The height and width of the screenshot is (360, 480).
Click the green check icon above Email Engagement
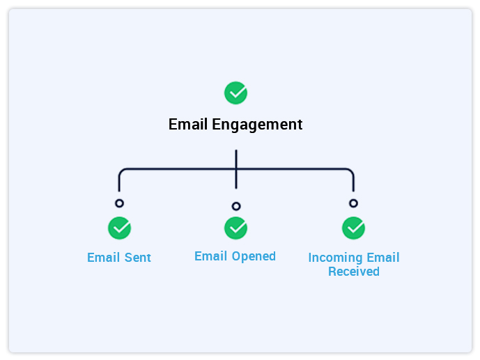pyautogui.click(x=235, y=93)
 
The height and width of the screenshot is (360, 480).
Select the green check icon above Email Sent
pyautogui.click(x=119, y=228)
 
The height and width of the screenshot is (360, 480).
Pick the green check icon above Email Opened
pyautogui.click(x=235, y=228)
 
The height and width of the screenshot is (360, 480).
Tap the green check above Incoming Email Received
pyautogui.click(x=353, y=228)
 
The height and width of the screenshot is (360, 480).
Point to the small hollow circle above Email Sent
pyautogui.click(x=119, y=203)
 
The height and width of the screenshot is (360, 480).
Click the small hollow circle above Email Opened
pyautogui.click(x=236, y=206)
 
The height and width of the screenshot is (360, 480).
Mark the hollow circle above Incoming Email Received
pyautogui.click(x=353, y=203)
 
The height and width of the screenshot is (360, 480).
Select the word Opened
pyautogui.click(x=254, y=256)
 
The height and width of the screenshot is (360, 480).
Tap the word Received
pyautogui.click(x=353, y=272)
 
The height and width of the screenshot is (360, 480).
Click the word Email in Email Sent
pyautogui.click(x=102, y=258)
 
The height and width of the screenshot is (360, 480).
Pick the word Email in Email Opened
pyautogui.click(x=210, y=256)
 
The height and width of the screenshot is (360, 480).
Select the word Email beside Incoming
pyautogui.click(x=382, y=258)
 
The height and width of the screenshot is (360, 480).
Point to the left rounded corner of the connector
pyautogui.click(x=122, y=171)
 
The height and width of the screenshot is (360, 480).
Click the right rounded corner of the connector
pyautogui.click(x=350, y=171)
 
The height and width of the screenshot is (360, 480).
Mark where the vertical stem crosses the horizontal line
pyautogui.click(x=236, y=169)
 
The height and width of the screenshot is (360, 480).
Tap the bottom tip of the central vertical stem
pyautogui.click(x=236, y=187)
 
